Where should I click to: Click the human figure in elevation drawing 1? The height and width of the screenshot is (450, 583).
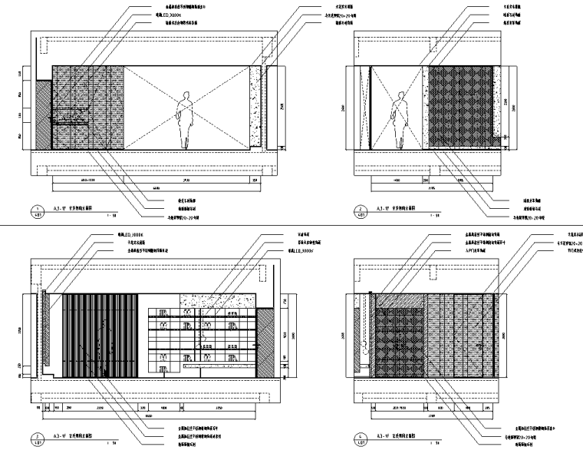pos(185,119)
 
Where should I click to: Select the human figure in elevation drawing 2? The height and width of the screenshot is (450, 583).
pos(398,119)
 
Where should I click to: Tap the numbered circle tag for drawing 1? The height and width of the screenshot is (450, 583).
pos(35,210)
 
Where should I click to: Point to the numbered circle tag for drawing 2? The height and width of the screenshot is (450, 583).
pos(362,210)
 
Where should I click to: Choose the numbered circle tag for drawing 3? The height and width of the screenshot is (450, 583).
pos(35,440)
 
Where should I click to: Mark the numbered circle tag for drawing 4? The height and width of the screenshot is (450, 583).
pos(362,440)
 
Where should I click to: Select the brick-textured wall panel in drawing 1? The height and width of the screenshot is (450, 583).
pos(88,108)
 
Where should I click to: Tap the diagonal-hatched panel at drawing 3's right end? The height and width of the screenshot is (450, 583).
pos(265,342)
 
